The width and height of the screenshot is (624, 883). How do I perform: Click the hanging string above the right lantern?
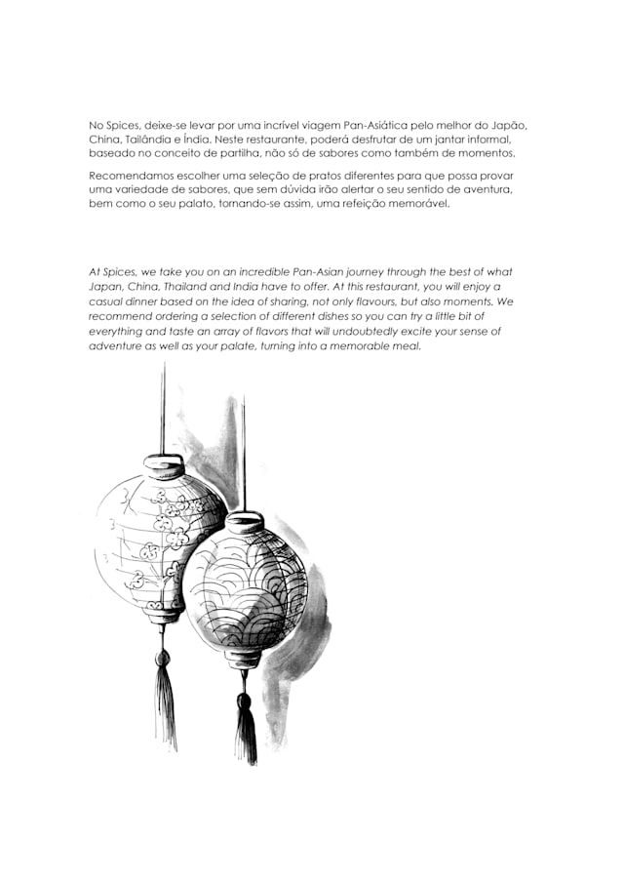(243, 449)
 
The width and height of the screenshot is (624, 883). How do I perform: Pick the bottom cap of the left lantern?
(164, 615)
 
